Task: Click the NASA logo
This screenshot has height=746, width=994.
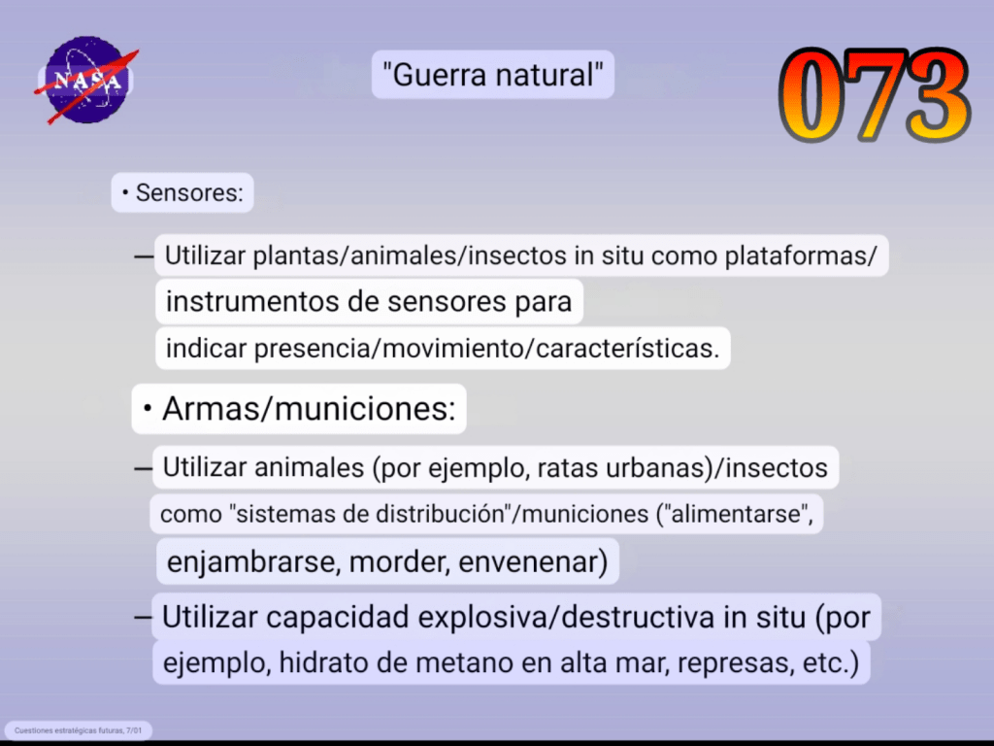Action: pyautogui.click(x=86, y=80)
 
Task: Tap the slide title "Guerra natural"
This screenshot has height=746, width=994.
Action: pyautogui.click(x=492, y=75)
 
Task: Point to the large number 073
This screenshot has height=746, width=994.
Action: pyautogui.click(x=875, y=94)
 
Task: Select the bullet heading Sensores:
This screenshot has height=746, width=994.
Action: pyautogui.click(x=183, y=193)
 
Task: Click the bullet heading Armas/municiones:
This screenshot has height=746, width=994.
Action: pyautogui.click(x=300, y=409)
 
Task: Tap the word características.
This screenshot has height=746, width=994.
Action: pyautogui.click(x=627, y=349)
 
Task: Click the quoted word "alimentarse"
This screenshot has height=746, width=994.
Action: pyautogui.click(x=736, y=514)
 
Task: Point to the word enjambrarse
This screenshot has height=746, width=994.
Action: pyautogui.click(x=251, y=562)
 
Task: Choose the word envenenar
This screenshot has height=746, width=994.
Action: pyautogui.click(x=533, y=562)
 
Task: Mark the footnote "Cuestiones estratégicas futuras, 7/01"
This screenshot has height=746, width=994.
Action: pyautogui.click(x=78, y=730)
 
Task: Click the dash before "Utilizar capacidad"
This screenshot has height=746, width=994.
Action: pyautogui.click(x=144, y=617)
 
